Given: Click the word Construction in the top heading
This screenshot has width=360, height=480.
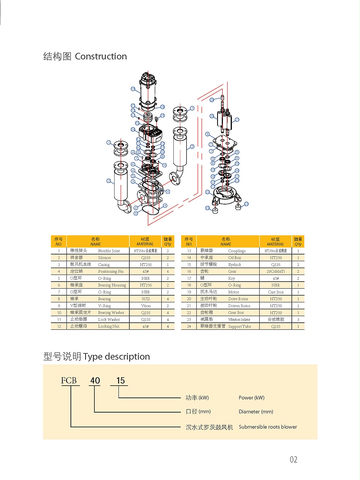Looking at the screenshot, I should click(x=101, y=57).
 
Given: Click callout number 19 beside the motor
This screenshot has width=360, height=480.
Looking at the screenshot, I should click(x=133, y=89).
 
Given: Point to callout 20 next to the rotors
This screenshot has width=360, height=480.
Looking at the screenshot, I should click(x=212, y=116).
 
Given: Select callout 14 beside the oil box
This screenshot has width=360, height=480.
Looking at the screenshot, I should click(x=133, y=130).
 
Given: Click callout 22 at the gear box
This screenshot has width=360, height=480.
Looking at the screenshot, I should click(x=207, y=192).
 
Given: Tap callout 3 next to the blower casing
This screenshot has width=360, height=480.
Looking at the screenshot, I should click(x=133, y=181).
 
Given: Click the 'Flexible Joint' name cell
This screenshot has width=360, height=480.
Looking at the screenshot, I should click(x=109, y=251).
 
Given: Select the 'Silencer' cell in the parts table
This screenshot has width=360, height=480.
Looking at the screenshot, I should click(x=105, y=258).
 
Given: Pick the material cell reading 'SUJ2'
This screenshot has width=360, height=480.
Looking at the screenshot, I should click(x=146, y=299).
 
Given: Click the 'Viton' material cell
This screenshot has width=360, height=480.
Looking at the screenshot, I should click(x=146, y=306).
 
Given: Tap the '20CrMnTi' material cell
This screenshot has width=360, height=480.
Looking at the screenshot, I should click(x=276, y=272).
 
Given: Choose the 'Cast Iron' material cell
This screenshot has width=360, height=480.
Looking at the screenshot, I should click(x=276, y=292).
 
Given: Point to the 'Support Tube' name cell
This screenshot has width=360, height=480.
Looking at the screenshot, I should click(x=240, y=327).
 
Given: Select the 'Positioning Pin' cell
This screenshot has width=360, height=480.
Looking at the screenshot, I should click(x=111, y=272).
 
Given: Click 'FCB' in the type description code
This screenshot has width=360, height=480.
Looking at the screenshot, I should click(x=69, y=380).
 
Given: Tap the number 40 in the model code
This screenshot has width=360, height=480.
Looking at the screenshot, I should click(x=95, y=380).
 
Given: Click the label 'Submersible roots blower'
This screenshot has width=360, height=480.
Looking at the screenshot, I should click(x=267, y=427).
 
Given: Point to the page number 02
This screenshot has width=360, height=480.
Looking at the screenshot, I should click(x=293, y=460).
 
